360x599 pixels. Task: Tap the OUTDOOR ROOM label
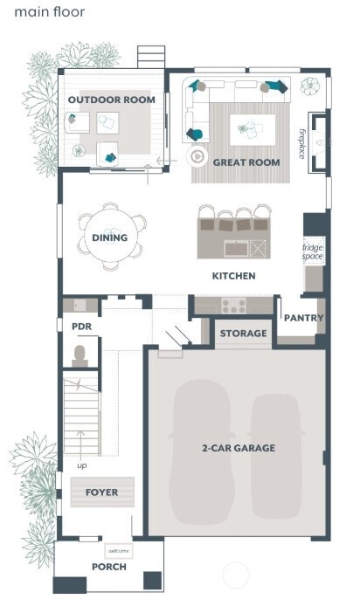point(112,100)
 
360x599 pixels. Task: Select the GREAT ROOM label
point(246,162)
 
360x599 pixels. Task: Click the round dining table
point(110,237)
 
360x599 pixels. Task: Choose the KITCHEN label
point(234,276)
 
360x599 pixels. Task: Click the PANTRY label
point(304,319)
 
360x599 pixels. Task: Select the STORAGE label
point(243,334)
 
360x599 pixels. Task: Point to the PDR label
point(81,327)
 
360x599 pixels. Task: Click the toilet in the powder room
point(80,355)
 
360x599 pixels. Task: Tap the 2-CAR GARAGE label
point(238,448)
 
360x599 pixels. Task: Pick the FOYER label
point(101,492)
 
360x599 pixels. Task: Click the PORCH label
point(109,567)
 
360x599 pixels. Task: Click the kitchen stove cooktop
point(234,306)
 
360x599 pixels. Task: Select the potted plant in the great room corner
point(310,86)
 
